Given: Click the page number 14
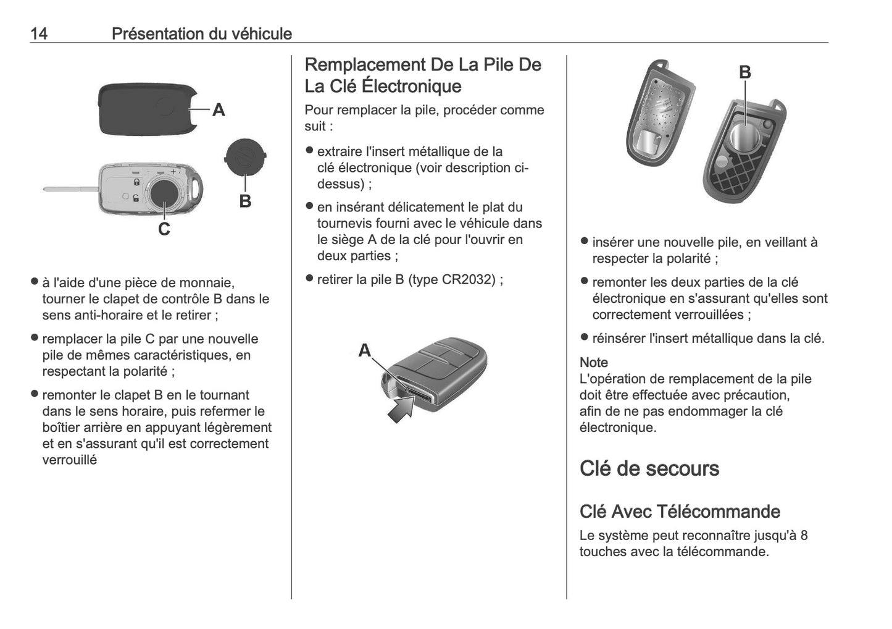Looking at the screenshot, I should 38,33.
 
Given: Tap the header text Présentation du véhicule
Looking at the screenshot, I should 201,33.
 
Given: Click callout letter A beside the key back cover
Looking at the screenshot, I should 219,110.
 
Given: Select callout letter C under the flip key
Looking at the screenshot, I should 164,229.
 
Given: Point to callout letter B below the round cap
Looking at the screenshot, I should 245,201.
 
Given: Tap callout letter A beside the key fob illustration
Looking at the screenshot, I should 365,350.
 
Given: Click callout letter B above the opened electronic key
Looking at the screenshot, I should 745,72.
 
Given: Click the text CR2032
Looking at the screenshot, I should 469,279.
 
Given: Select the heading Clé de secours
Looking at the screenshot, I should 649,468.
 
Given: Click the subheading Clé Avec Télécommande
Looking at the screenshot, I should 680,512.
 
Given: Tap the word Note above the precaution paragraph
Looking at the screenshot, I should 593,363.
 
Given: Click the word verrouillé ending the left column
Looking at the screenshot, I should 69,460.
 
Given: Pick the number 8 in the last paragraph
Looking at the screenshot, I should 804,535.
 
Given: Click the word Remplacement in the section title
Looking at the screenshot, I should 365,65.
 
